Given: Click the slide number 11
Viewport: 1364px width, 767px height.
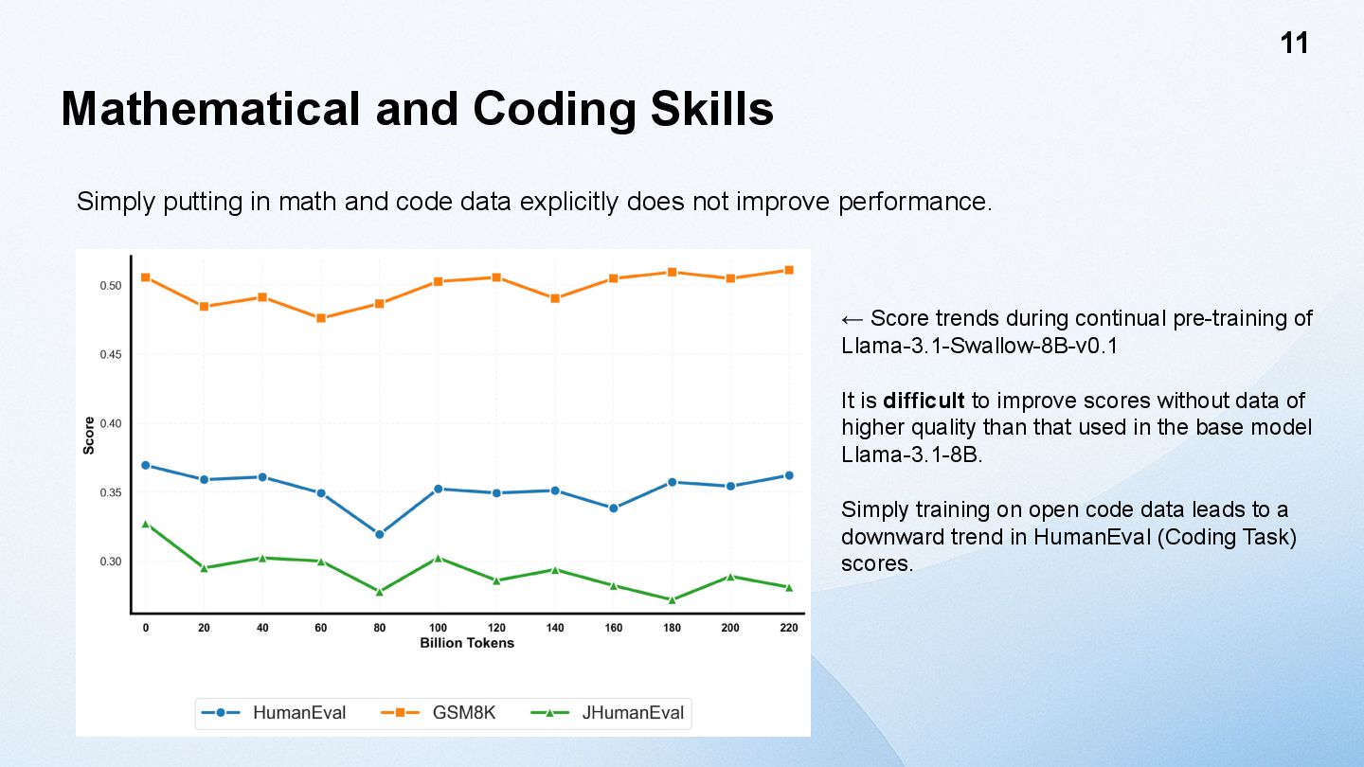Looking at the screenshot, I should [1294, 44].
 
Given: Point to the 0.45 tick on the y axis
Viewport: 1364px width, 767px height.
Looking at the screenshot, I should [110, 355].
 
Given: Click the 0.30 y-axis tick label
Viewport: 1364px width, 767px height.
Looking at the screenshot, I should [110, 562].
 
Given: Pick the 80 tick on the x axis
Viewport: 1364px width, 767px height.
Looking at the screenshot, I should [380, 628].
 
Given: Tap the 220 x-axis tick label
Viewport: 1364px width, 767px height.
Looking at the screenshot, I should [789, 628].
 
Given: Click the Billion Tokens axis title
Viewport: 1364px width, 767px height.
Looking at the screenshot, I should [467, 643].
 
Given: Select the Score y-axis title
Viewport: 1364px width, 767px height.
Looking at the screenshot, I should [89, 436].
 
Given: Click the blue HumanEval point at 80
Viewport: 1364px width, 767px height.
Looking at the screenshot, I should [380, 534].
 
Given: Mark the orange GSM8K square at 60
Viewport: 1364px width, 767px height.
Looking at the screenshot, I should [321, 318].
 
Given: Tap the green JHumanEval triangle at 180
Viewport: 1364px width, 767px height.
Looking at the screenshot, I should [672, 599].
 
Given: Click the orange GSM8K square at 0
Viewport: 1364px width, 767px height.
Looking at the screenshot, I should [146, 277].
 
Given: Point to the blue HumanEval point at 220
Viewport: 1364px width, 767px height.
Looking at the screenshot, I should [789, 475].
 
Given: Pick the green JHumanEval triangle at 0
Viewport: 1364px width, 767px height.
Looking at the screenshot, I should [146, 524].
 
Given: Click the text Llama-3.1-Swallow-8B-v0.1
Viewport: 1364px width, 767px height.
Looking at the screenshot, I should [979, 346].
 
